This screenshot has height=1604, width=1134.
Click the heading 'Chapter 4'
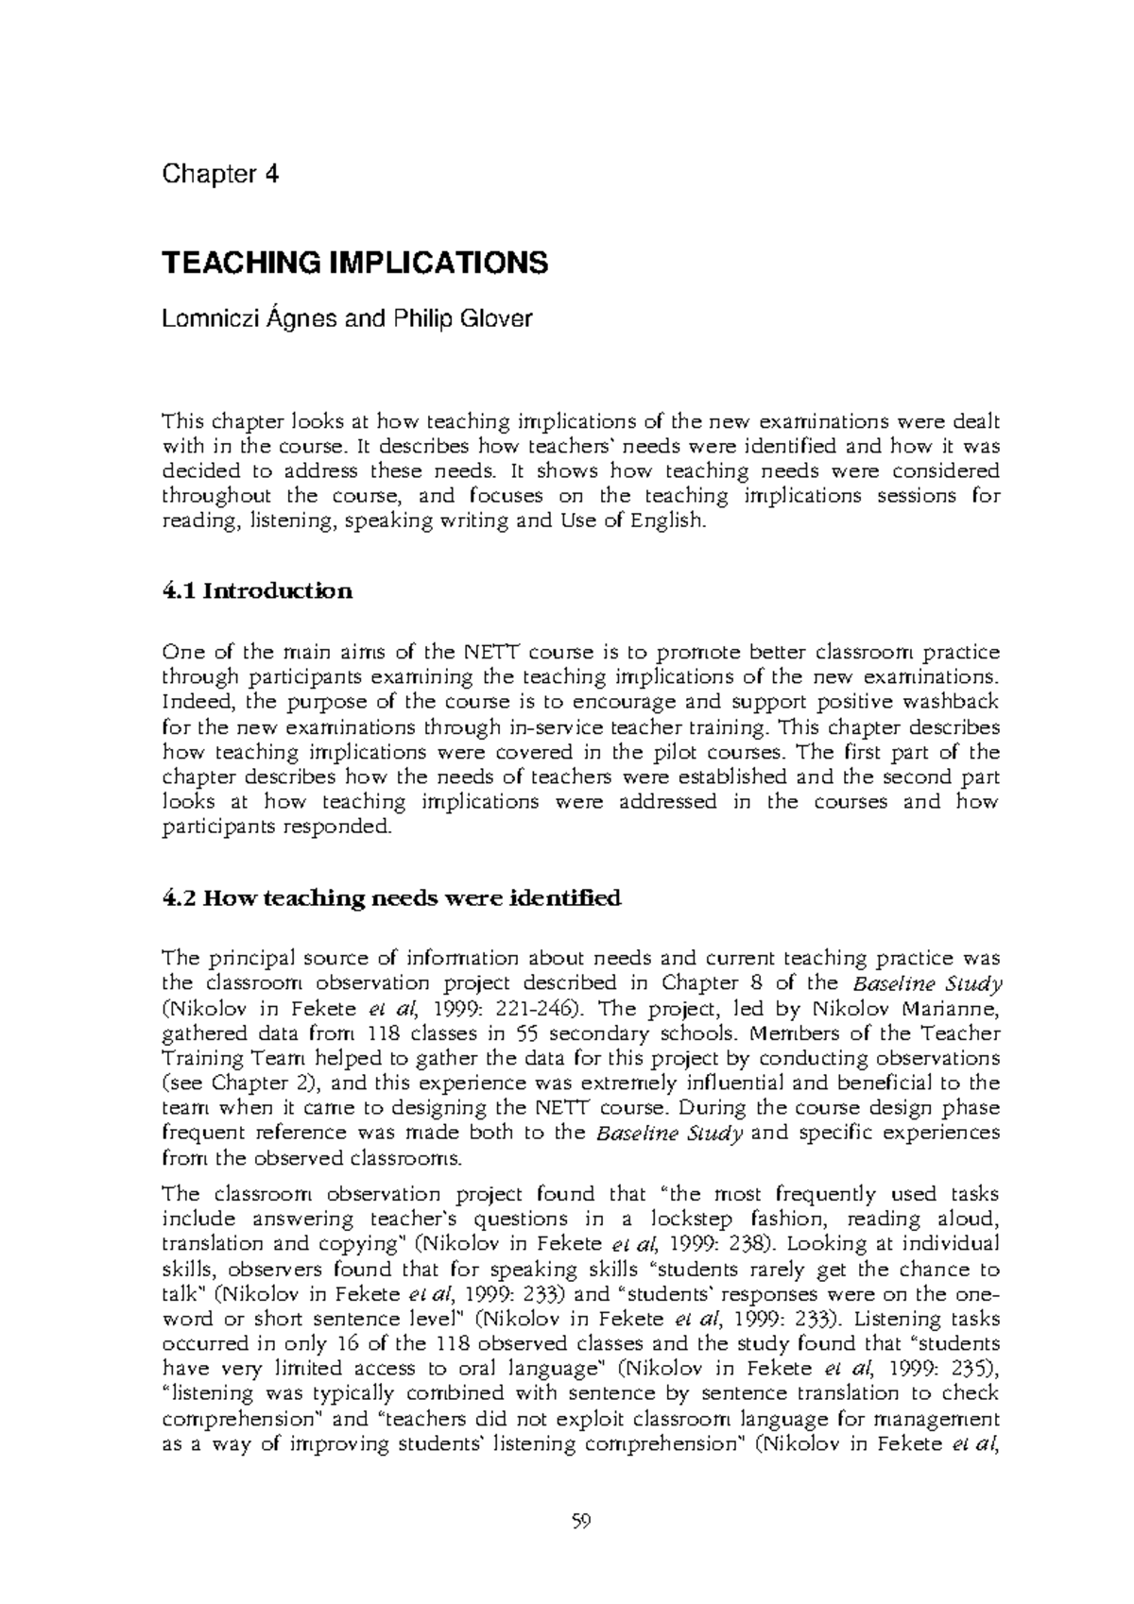coord(221,175)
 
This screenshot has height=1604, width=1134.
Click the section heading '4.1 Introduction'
coord(258,592)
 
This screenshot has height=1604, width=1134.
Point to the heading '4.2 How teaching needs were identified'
coord(392,897)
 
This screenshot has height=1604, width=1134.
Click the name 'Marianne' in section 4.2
coord(959,1008)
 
